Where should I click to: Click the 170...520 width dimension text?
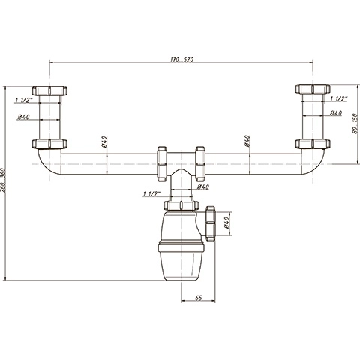pos(182,60)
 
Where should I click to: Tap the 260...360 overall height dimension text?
pos(3,181)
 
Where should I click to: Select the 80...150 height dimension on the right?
pos(355,124)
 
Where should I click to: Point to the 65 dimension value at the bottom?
pos(199,298)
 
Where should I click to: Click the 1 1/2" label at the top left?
pos(24,100)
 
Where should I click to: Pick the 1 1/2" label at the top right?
pos(339,99)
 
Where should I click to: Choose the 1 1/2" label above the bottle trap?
pos(151,194)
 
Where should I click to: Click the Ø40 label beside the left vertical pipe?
pos(23,117)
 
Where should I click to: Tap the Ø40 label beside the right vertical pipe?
pos(336,113)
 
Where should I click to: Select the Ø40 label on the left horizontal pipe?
pos(104,142)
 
